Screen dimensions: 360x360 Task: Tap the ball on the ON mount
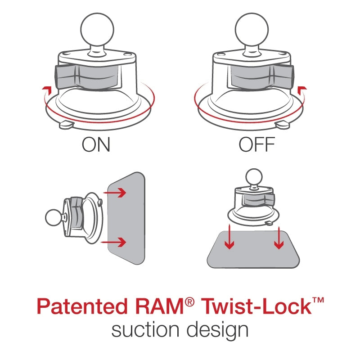click(x=96, y=28)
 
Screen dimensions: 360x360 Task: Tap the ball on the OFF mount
click(x=251, y=28)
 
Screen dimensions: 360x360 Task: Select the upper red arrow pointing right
click(x=118, y=193)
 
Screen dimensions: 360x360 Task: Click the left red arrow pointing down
click(x=229, y=238)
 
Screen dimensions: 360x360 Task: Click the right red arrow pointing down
click(x=279, y=238)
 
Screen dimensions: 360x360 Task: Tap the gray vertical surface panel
click(x=126, y=218)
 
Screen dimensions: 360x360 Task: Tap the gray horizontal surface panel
click(x=253, y=250)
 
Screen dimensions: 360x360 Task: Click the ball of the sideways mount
click(x=53, y=218)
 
